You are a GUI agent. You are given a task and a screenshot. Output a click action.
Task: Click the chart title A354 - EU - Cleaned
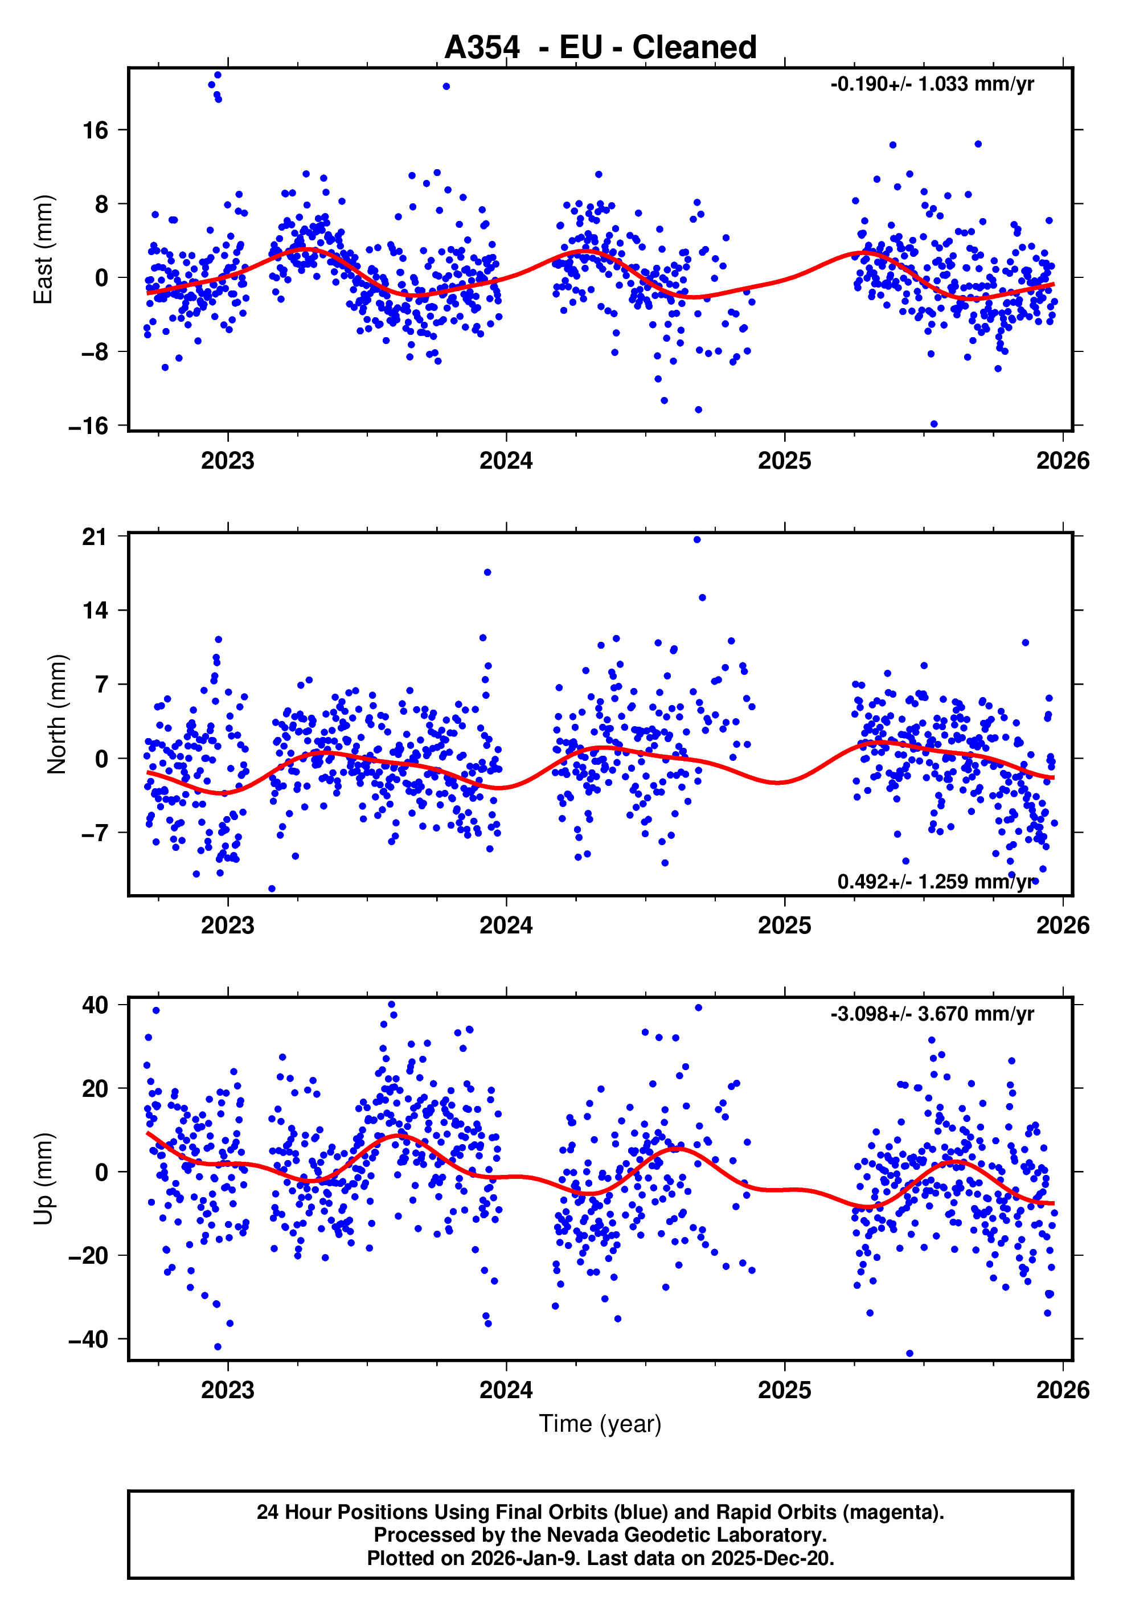coord(600,48)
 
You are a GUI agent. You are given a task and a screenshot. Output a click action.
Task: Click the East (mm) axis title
coord(44,249)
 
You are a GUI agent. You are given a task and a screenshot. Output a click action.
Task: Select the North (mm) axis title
coord(56,714)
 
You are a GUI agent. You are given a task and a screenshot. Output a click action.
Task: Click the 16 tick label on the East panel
coord(96,130)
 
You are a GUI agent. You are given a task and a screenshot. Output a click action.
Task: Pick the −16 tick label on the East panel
coord(88,426)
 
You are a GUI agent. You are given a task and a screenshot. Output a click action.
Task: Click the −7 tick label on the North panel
coord(94,833)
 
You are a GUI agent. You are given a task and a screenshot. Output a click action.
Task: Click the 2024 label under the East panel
coord(506,461)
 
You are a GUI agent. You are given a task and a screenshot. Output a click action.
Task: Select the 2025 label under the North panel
coord(784,926)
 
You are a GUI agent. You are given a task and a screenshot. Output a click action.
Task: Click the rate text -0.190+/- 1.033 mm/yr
coord(932,84)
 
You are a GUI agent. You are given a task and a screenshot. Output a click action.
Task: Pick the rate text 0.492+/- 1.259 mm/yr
coord(936,882)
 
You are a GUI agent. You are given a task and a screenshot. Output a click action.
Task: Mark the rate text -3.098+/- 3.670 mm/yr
coord(932,1014)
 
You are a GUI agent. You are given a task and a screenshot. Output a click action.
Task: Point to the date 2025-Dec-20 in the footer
coord(771,1558)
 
